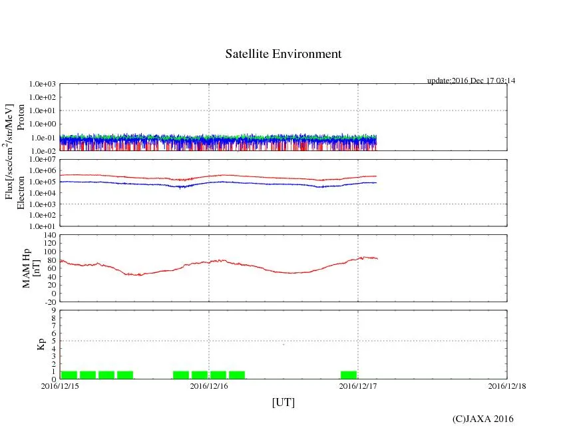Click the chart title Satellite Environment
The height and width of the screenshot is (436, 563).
click(283, 54)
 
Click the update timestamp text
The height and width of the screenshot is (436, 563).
click(471, 81)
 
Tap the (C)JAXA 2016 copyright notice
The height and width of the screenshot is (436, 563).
click(482, 419)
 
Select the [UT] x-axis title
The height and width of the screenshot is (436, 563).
click(283, 402)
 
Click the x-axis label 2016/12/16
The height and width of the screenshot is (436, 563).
click(209, 385)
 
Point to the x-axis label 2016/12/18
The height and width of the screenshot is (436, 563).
click(506, 385)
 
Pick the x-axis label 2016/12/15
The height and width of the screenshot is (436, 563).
click(60, 385)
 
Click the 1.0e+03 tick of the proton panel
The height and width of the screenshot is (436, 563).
click(43, 85)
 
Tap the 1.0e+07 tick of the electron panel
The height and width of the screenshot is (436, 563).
click(43, 160)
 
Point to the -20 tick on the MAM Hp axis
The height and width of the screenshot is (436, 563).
click(49, 302)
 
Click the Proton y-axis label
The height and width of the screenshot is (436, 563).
click(21, 117)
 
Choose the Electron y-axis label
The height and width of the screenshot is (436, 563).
click(21, 192)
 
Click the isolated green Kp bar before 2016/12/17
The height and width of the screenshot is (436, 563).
click(348, 375)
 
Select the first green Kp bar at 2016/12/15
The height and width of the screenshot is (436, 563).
click(69, 375)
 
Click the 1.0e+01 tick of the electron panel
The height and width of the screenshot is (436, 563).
click(43, 226)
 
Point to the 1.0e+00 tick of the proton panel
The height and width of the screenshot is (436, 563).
click(43, 124)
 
